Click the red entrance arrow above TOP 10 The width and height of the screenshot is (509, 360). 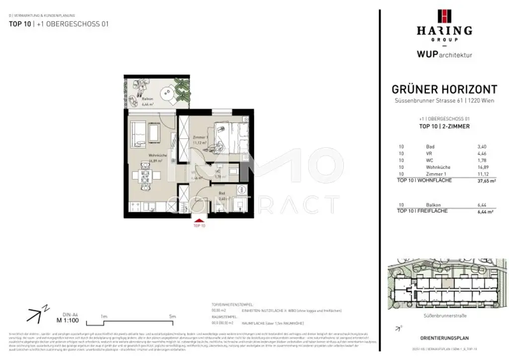coord(199,220)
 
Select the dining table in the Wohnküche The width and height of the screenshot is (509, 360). coord(145,176)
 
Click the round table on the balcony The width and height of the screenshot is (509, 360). coord(166,92)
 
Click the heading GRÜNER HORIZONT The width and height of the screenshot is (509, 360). coord(444,90)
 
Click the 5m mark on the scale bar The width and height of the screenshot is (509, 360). coord(171,316)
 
